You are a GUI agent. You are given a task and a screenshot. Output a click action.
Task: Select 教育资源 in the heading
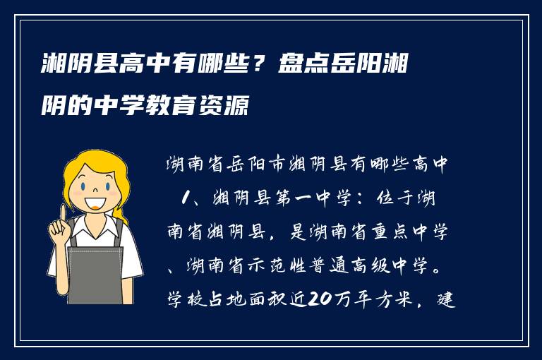click(212, 107)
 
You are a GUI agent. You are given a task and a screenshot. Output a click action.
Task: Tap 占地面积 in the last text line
click(224, 300)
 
